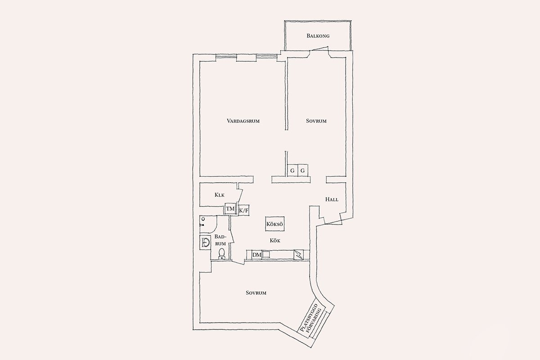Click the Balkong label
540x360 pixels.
[318, 36]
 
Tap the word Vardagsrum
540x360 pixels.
[243, 121]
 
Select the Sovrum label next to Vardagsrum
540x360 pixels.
[316, 121]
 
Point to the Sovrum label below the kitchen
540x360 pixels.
[256, 293]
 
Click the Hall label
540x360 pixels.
[332, 199]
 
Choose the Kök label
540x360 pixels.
[275, 240]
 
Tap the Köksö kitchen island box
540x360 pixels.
[275, 224]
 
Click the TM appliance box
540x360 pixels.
[230, 208]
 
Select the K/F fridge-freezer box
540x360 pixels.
[243, 211]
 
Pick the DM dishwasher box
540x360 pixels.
[257, 255]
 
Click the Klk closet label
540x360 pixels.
[220, 195]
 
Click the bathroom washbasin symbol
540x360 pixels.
[205, 242]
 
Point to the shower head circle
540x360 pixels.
[203, 219]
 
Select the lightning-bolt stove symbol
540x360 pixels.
[298, 255]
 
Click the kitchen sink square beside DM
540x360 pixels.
[267, 255]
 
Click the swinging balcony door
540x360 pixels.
[319, 49]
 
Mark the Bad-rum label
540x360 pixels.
[220, 240]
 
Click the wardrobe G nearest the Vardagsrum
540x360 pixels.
[292, 171]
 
